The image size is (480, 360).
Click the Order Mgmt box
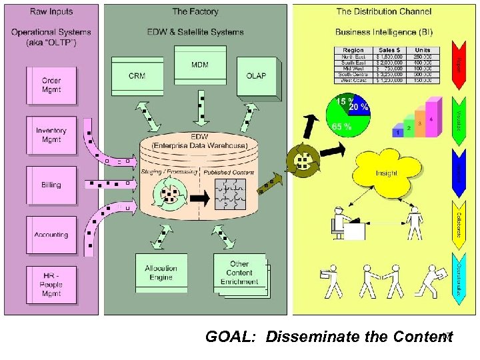(51, 85)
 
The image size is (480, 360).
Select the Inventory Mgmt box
(51, 135)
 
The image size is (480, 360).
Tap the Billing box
(51, 185)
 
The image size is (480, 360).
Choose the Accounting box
(51, 235)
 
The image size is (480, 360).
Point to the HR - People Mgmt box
(51, 285)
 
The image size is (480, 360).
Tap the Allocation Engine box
(161, 272)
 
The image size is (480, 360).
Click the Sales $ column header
(390, 50)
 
